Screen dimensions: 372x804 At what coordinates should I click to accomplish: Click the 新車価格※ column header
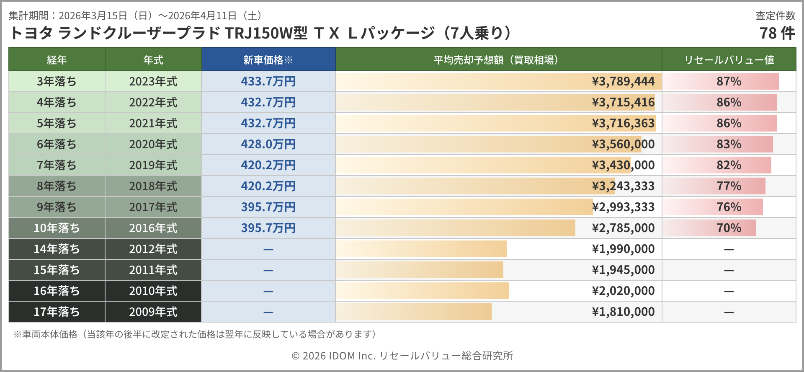click(x=268, y=60)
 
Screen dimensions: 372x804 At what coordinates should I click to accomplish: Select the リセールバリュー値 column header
click(x=729, y=60)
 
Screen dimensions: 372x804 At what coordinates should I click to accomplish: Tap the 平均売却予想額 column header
click(x=498, y=60)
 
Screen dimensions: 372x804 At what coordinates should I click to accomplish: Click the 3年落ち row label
click(x=57, y=81)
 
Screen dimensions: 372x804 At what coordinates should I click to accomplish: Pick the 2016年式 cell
click(x=153, y=228)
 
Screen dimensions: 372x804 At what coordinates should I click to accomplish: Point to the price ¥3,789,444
click(x=623, y=81)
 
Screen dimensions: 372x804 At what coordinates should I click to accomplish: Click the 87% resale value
click(x=729, y=81)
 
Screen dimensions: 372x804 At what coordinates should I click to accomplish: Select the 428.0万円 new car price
click(x=268, y=144)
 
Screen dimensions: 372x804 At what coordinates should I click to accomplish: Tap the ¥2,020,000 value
click(x=623, y=291)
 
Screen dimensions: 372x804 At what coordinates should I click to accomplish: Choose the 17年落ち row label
click(x=57, y=312)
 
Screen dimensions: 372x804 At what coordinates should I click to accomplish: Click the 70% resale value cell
click(x=729, y=228)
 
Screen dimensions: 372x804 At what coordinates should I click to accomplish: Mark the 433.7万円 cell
click(x=268, y=81)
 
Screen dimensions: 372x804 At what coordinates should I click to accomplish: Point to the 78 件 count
click(x=777, y=33)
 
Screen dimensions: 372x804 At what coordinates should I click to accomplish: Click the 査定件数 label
click(x=775, y=15)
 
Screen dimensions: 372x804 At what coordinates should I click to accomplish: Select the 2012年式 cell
click(x=153, y=249)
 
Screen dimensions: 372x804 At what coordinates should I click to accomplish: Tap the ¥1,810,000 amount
click(x=623, y=312)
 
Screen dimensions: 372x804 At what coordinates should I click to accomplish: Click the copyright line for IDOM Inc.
click(x=402, y=356)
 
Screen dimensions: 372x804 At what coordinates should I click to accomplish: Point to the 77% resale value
click(x=729, y=186)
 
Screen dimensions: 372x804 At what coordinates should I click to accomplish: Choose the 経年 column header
click(x=57, y=60)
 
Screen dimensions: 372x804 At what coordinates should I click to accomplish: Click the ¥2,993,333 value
click(x=623, y=207)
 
